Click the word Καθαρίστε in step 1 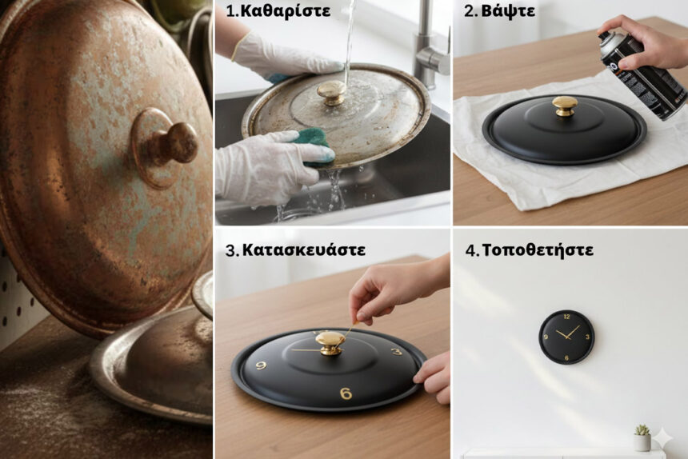click(286, 11)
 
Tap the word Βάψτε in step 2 click(508, 11)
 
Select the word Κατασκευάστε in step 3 click(304, 249)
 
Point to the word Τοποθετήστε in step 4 click(538, 250)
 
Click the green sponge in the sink click(316, 144)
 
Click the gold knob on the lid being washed click(331, 93)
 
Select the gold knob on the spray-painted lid click(565, 106)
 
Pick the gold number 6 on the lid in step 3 click(346, 393)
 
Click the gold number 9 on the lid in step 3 click(261, 365)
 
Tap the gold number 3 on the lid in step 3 click(396, 351)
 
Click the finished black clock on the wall click(566, 337)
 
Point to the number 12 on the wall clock click(566, 317)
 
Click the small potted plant click(642, 437)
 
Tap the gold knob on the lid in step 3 click(330, 343)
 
